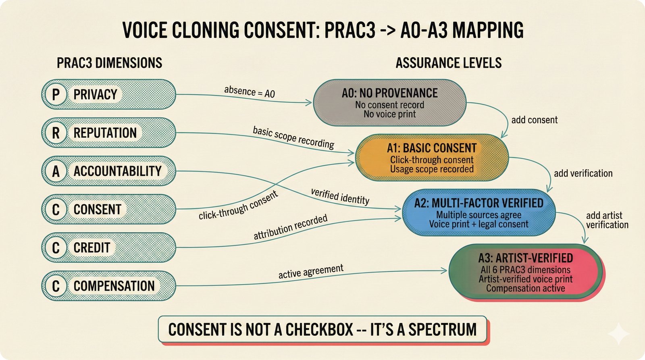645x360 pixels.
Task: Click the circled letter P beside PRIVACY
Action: pos(56,94)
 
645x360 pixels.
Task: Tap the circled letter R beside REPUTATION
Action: pos(56,133)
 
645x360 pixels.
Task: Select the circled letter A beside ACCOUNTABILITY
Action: pos(56,171)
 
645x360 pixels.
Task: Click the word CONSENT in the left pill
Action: pos(97,209)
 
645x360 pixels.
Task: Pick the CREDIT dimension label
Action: pos(92,248)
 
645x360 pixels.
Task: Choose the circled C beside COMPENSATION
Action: pos(56,286)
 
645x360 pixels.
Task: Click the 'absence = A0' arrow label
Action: pos(249,92)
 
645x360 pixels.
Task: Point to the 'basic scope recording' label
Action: pos(293,137)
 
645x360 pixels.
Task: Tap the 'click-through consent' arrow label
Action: pos(238,205)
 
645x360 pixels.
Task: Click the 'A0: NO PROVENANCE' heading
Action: pos(389,93)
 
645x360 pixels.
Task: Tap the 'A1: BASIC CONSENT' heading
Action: pos(431,148)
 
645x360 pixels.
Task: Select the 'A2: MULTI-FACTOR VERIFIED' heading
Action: pos(479,203)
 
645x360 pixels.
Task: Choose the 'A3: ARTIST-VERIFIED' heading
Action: pos(525,258)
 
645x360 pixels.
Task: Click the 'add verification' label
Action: pos(583,173)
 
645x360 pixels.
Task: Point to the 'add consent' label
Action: pos(534,120)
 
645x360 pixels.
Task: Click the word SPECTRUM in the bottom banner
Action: pos(442,329)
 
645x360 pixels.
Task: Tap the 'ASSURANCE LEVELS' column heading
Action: pos(448,63)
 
